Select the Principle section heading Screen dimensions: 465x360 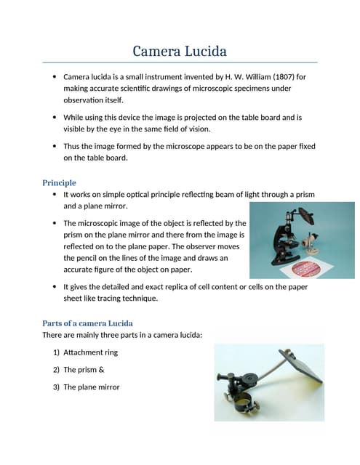click(x=59, y=182)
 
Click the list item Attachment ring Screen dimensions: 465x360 click(x=90, y=352)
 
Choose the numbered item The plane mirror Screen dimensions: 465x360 click(x=91, y=387)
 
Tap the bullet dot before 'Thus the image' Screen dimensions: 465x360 click(x=55, y=146)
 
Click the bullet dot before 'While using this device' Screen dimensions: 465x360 click(x=55, y=117)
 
